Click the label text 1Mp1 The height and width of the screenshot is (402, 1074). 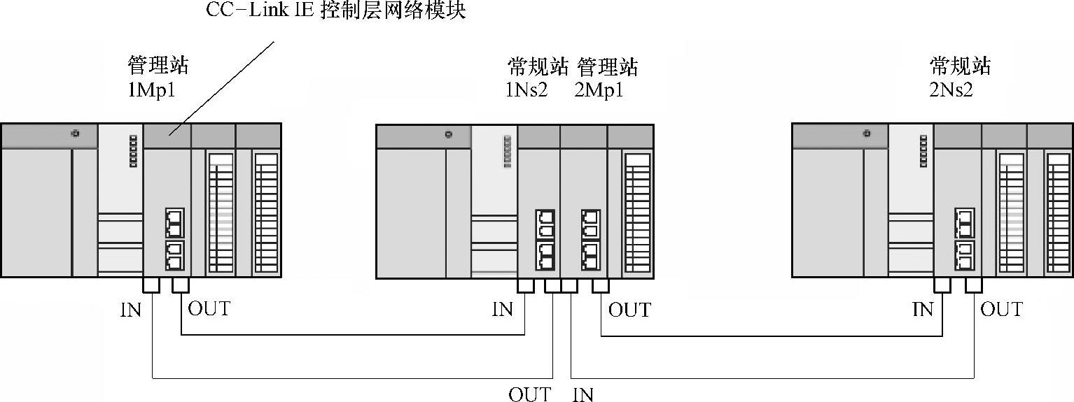[x=151, y=90]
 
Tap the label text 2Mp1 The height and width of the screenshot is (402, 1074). [x=599, y=90]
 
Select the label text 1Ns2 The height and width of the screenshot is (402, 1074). [x=526, y=90]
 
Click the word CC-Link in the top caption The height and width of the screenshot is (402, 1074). [x=242, y=12]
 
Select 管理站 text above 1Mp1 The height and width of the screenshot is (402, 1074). [x=158, y=66]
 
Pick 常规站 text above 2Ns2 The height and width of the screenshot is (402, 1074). [x=960, y=66]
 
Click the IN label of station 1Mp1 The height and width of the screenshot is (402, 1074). [x=130, y=310]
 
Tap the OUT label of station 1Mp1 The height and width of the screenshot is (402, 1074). [x=209, y=308]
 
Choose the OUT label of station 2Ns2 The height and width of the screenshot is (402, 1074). [x=1001, y=309]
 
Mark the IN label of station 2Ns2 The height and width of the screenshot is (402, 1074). [x=922, y=309]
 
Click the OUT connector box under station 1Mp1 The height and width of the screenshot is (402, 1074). [x=181, y=285]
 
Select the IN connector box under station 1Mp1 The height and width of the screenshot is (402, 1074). [x=151, y=285]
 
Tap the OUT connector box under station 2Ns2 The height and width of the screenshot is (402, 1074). [x=973, y=285]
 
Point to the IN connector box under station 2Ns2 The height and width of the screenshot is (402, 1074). [x=942, y=285]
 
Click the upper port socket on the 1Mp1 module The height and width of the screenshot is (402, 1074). [x=174, y=222]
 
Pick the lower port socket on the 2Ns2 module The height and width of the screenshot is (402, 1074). [x=965, y=256]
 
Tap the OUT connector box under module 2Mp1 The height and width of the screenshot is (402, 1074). [x=600, y=285]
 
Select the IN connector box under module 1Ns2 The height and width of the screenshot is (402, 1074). [x=525, y=285]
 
